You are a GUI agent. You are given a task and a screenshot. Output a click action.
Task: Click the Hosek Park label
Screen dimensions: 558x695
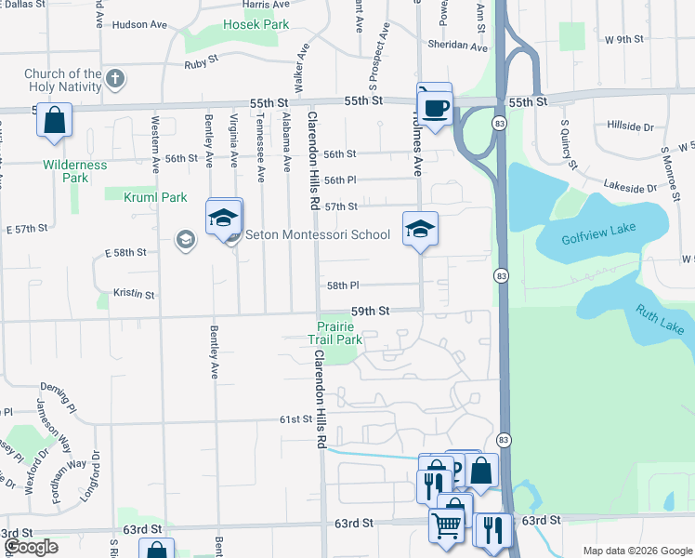tap(256, 24)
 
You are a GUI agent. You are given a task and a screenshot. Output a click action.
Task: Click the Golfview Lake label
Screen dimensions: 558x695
tap(595, 238)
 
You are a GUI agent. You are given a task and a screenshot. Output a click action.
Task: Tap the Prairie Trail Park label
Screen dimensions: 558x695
tap(335, 333)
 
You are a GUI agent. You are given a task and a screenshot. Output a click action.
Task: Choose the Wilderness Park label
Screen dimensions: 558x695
tap(75, 171)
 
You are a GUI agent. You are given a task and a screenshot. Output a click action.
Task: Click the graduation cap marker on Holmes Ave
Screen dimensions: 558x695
tap(419, 228)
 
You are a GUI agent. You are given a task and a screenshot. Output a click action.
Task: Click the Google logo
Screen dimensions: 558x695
tap(31, 547)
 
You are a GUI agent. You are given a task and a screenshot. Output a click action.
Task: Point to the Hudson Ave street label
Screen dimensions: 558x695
tap(137, 25)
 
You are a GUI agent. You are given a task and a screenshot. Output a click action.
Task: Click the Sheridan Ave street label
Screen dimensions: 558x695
tap(457, 46)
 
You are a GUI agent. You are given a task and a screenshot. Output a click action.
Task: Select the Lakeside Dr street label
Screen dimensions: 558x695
tap(630, 186)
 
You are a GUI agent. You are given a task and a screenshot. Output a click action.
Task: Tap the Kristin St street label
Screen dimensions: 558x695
tap(133, 294)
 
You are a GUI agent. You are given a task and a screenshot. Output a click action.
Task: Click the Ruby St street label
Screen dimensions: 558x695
tap(200, 65)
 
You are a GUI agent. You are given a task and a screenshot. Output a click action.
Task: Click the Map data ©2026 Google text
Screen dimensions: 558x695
tap(636, 551)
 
